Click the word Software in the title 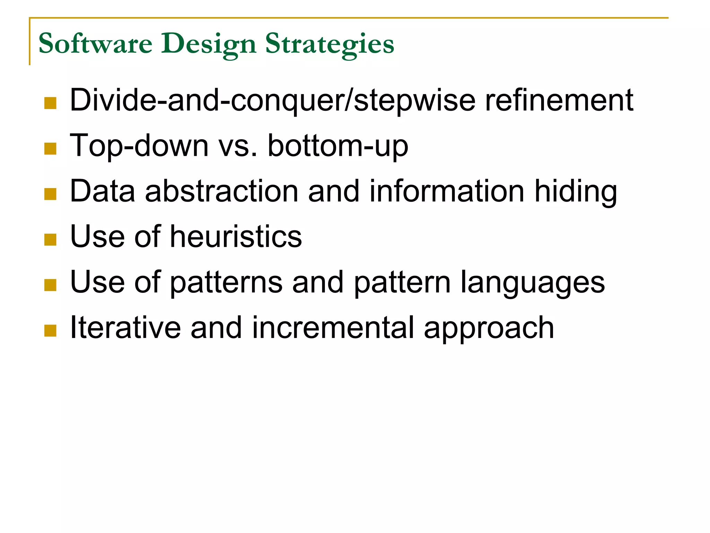pyautogui.click(x=95, y=44)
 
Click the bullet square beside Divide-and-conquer pyautogui.click(x=50, y=103)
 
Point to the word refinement pyautogui.click(x=559, y=101)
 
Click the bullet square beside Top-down pyautogui.click(x=50, y=149)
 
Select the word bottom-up pyautogui.click(x=338, y=146)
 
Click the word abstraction pyautogui.click(x=222, y=191)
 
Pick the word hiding pyautogui.click(x=575, y=192)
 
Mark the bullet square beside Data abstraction pyautogui.click(x=50, y=194)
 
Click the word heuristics pyautogui.click(x=236, y=237)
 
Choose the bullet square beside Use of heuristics pyautogui.click(x=50, y=239)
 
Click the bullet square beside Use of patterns pyautogui.click(x=50, y=285)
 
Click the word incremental pyautogui.click(x=333, y=328)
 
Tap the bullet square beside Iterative pyautogui.click(x=50, y=331)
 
